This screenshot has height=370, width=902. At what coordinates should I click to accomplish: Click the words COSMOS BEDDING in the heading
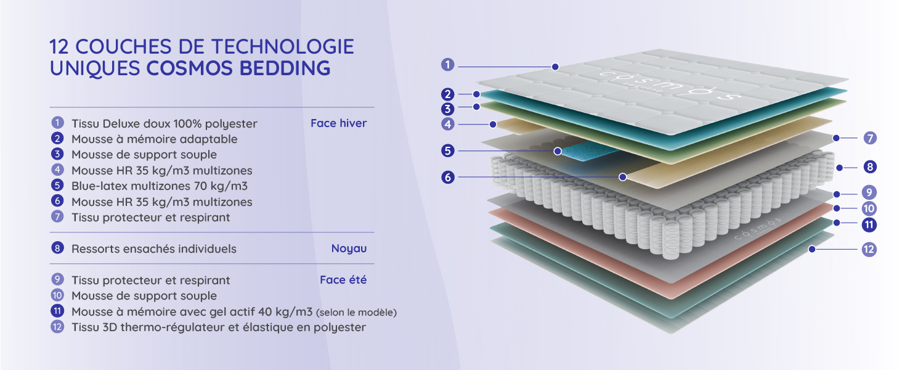tap(238, 68)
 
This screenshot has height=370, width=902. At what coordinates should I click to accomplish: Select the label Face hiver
tap(338, 123)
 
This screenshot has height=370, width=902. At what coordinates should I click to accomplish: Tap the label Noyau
tap(349, 249)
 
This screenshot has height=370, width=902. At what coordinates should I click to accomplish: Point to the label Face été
tap(343, 280)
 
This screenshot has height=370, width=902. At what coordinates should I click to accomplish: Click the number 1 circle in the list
tap(58, 123)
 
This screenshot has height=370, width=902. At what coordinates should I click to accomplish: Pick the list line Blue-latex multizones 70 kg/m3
tap(160, 186)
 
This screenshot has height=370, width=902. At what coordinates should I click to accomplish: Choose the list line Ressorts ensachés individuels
tap(154, 249)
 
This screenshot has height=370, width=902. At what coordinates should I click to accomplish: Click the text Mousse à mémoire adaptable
tap(154, 139)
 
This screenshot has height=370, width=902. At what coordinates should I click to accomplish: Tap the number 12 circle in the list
tap(58, 327)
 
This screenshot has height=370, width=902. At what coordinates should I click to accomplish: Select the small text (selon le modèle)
tap(356, 313)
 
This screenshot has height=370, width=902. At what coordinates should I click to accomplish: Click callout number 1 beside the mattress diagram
tap(448, 64)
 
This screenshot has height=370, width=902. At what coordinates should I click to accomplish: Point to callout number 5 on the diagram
tap(448, 150)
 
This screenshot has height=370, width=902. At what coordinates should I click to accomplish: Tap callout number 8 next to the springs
tap(869, 166)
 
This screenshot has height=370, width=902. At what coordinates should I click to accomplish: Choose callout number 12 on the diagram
tap(869, 249)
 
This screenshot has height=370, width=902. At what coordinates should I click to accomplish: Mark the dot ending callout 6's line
tap(623, 177)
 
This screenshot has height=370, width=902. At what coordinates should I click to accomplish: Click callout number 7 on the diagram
tap(869, 138)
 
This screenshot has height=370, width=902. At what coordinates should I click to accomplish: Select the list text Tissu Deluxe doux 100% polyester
tap(165, 123)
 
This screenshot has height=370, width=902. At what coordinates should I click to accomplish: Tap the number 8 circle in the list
tap(58, 249)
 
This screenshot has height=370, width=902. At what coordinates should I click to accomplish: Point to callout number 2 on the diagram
tap(448, 94)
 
